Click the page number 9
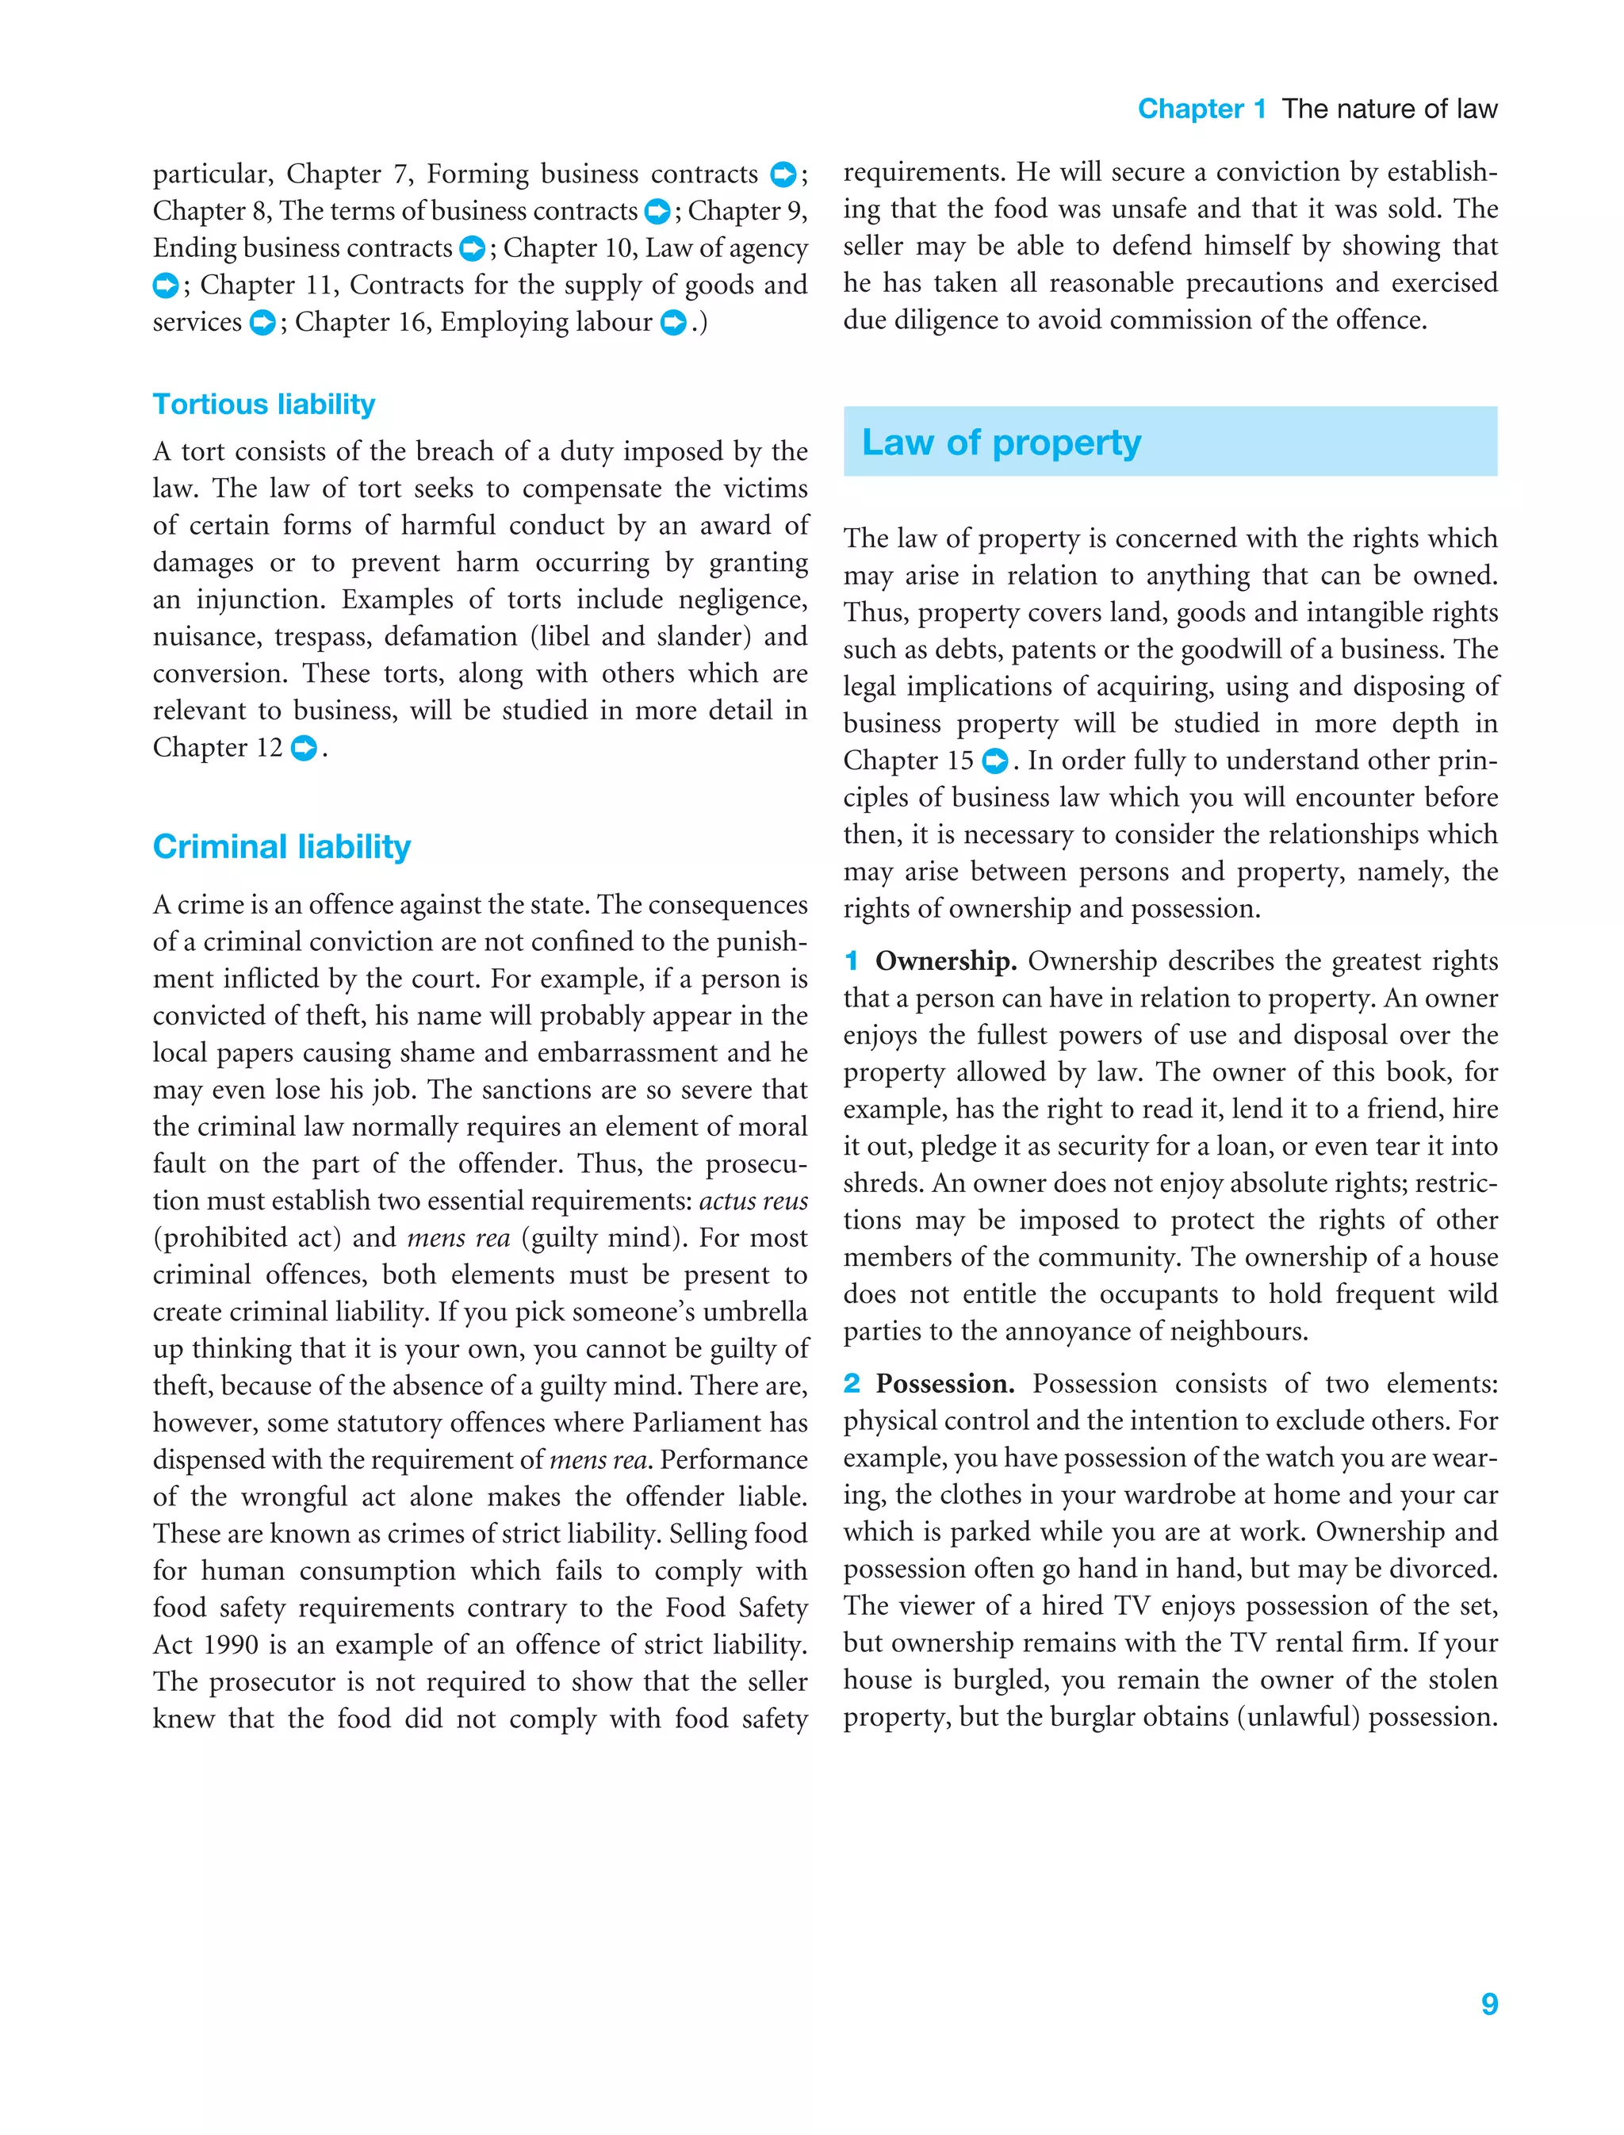pyautogui.click(x=1488, y=2003)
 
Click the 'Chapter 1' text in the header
pyautogui.click(x=1201, y=109)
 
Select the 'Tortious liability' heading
pyautogui.click(x=264, y=404)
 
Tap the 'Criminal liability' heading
pyautogui.click(x=282, y=847)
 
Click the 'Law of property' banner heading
pyautogui.click(x=1001, y=443)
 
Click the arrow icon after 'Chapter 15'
pyautogui.click(x=994, y=762)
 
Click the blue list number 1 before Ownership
pyautogui.click(x=851, y=961)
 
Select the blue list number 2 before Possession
pyautogui.click(x=851, y=1384)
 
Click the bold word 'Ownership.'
pyautogui.click(x=944, y=961)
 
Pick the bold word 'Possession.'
pyautogui.click(x=944, y=1384)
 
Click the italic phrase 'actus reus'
pyautogui.click(x=753, y=1201)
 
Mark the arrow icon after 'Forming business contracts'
pyautogui.click(x=782, y=175)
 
